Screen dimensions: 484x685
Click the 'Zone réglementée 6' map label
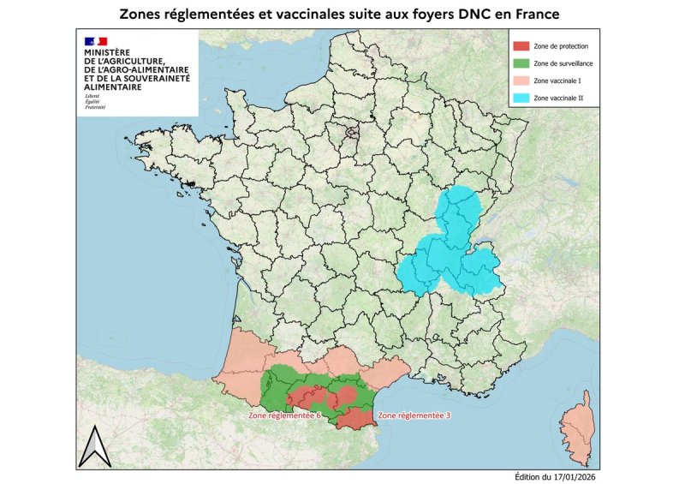tap(284, 415)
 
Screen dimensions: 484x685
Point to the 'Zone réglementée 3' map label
tap(413, 415)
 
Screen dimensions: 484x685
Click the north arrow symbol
tap(89, 447)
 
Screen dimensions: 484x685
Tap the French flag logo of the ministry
tap(95, 41)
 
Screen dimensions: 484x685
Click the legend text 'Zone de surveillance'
tap(562, 63)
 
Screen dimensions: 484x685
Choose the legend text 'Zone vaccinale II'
tap(557, 99)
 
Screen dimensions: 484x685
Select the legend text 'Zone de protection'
tap(559, 46)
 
